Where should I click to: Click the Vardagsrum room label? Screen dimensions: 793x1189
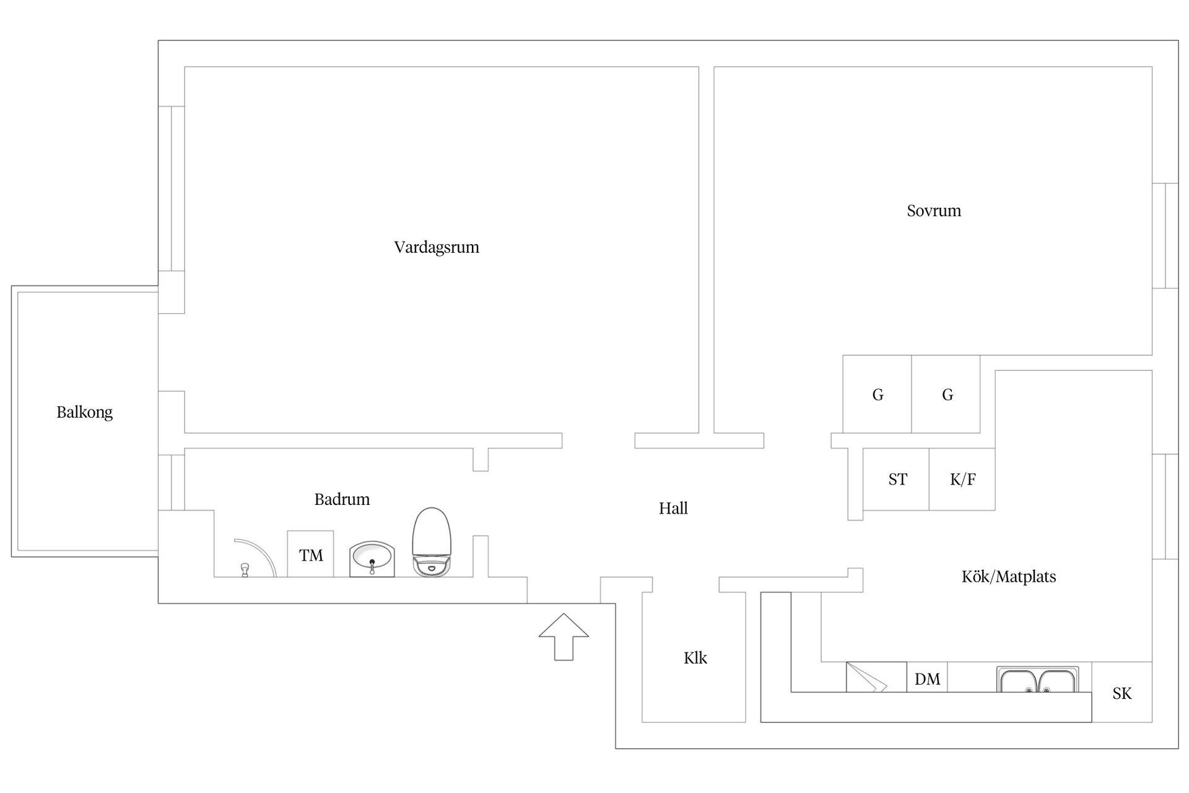coord(437,247)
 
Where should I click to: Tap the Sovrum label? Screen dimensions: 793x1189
coord(934,211)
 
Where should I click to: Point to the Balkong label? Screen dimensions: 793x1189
coord(85,412)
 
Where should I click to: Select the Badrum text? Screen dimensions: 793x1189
coord(342,499)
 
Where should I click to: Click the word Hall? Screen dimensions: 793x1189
coord(673,509)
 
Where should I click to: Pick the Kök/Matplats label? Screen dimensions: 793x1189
coord(1009,577)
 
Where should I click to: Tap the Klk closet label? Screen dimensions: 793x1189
coord(695,658)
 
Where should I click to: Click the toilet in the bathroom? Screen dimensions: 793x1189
coord(432,543)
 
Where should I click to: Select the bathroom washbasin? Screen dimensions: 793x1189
coord(372,559)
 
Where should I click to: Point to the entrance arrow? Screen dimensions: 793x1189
coord(564,636)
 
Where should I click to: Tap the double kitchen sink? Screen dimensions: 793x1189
coord(1037,680)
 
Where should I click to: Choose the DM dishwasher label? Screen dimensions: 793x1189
coord(927,680)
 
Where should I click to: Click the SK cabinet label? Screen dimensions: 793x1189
coord(1121,693)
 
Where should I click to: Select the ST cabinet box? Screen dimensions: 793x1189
coord(897,480)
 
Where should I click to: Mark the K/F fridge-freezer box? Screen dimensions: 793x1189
coord(962,480)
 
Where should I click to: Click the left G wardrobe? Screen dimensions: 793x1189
coord(878,395)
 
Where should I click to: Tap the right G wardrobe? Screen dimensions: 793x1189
coord(947,395)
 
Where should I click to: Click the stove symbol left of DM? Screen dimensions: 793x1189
coord(876,677)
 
